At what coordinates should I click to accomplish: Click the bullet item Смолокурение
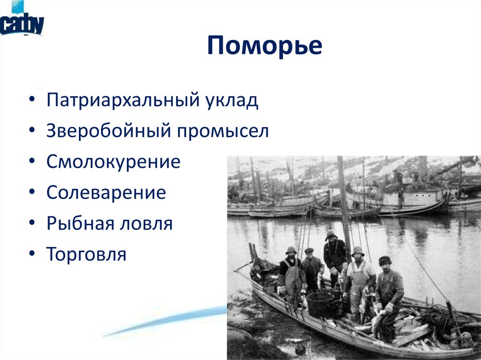click(x=113, y=162)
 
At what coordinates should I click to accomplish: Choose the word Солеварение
click(x=106, y=193)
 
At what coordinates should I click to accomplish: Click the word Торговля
click(x=86, y=254)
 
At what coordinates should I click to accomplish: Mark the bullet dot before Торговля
click(x=31, y=254)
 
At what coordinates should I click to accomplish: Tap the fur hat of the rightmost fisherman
click(x=385, y=260)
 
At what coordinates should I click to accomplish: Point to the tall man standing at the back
click(x=334, y=256)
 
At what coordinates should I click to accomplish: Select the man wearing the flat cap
click(x=310, y=270)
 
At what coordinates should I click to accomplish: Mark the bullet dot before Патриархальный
click(x=31, y=101)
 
